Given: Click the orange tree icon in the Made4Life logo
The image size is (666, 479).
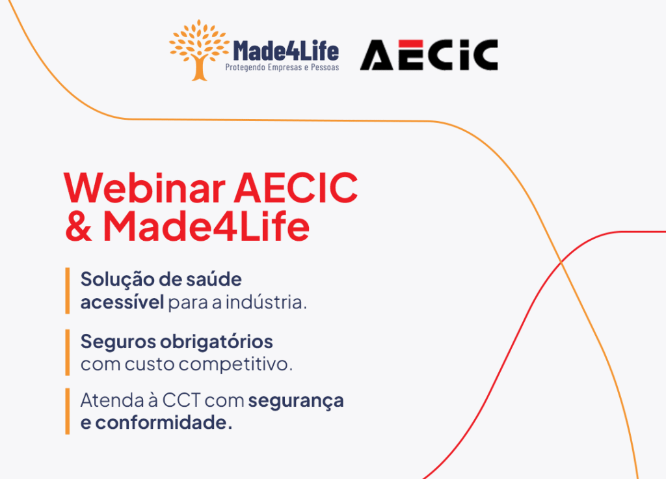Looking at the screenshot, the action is click(199, 49).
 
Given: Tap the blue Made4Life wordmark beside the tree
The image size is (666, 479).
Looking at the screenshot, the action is click(286, 51).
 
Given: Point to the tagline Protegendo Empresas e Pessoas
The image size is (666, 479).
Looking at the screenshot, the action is click(282, 68).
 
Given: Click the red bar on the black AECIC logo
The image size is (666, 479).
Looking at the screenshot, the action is click(411, 44).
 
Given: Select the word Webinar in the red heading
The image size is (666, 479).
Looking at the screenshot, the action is click(144, 187).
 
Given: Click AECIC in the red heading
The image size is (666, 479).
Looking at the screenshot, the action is click(296, 187).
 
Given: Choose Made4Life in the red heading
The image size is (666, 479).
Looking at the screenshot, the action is click(206, 226).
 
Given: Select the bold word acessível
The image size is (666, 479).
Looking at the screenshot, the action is click(122, 302).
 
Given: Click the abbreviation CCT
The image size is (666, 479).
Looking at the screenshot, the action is click(181, 400).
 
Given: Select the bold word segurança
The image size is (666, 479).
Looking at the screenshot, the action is click(296, 402).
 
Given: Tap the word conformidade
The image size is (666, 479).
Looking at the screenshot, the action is click(163, 422).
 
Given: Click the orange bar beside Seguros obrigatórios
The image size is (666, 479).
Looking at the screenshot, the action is click(68, 352).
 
